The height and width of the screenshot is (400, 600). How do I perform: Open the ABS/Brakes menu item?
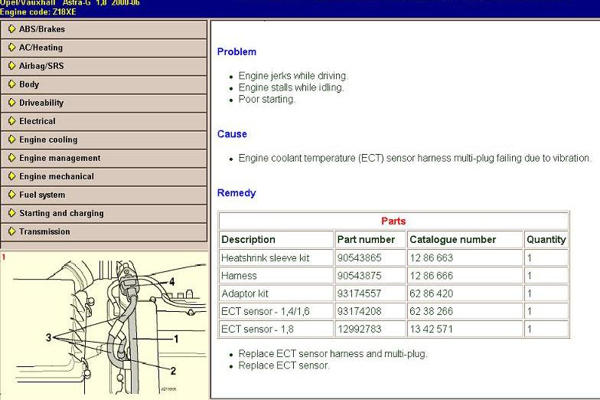pos(42,29)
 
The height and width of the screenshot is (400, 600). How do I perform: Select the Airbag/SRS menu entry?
pos(41,66)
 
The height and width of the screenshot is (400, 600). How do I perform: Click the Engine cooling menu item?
pos(48,139)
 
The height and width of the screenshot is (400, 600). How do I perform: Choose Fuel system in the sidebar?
pos(42,195)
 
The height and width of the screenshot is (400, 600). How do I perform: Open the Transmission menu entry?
pos(45,231)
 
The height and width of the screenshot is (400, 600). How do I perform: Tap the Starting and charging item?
pos(61,213)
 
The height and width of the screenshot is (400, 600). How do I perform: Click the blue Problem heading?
pos(236,52)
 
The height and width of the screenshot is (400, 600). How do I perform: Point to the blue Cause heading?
pos(232,134)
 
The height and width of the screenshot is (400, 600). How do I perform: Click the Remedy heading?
pos(236,193)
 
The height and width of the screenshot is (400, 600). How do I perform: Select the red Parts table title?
pos(393,221)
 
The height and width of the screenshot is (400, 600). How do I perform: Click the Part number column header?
pos(366,240)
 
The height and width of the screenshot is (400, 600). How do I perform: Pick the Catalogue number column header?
pos(452,240)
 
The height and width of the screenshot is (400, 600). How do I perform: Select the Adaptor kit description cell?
pos(245,293)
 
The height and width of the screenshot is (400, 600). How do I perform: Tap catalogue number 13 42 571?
pos(431,329)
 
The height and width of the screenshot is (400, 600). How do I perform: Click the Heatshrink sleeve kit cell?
pos(265,258)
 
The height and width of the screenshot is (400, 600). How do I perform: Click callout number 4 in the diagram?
pos(171,282)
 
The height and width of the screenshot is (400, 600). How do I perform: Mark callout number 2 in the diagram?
pos(173,371)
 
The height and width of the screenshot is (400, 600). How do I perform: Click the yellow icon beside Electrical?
pos(11,121)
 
